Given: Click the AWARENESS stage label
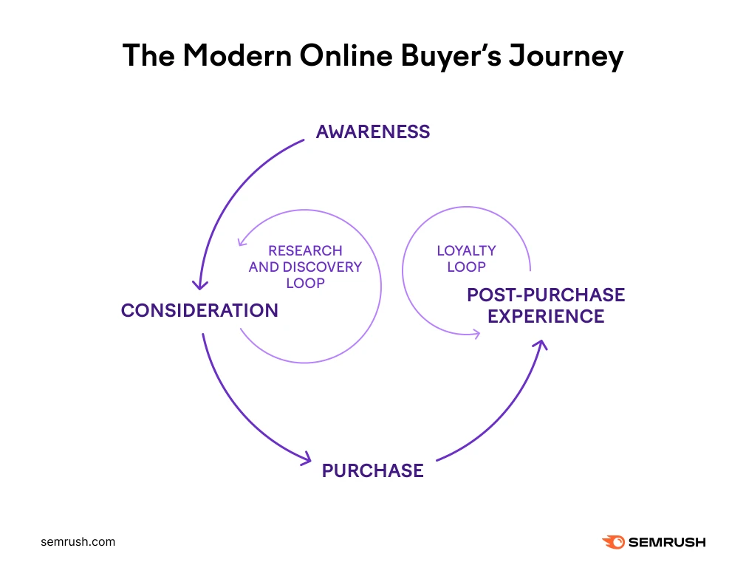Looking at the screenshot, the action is click(373, 131).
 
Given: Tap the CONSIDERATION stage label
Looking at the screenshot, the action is click(200, 310).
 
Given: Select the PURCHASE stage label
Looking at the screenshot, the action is click(373, 470).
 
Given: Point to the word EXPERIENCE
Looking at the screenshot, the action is click(546, 317).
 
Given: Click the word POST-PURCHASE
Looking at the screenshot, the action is click(546, 295).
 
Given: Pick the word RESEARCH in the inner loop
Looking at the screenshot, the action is click(306, 251).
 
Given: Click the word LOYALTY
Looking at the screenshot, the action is click(467, 251).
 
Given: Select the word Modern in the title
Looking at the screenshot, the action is click(237, 55).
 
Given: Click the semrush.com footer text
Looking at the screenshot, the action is click(78, 542).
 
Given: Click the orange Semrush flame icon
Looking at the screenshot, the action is click(614, 542).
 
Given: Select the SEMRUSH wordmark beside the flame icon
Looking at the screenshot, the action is click(667, 542).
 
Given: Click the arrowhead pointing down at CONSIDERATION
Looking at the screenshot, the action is click(200, 286).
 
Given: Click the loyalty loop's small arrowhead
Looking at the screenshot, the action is click(476, 334).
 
